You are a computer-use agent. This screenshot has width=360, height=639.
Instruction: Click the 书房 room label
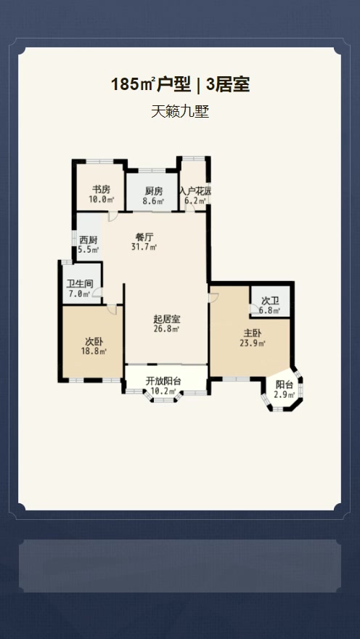pos(101,190)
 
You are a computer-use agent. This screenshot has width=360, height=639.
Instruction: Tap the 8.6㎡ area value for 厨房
pos(154,201)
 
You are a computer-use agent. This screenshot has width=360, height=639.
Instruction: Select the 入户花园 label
pos(195,191)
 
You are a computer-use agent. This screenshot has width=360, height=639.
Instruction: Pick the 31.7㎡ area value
pos(144,247)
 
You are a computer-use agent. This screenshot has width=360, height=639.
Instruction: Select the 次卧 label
pos(94,341)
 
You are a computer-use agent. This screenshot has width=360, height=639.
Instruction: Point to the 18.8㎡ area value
pos(94,351)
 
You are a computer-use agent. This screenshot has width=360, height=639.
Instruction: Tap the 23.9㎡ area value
pos(253,343)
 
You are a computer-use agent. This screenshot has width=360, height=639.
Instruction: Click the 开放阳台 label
pos(163,381)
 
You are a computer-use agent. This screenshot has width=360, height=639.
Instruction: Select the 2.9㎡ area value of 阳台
pos(284,394)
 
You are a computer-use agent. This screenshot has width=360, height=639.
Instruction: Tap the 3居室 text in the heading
pos(228,85)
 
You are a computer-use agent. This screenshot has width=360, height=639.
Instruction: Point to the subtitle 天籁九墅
pos(180,111)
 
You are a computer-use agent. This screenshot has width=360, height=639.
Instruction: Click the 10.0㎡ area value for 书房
pos(101,200)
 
